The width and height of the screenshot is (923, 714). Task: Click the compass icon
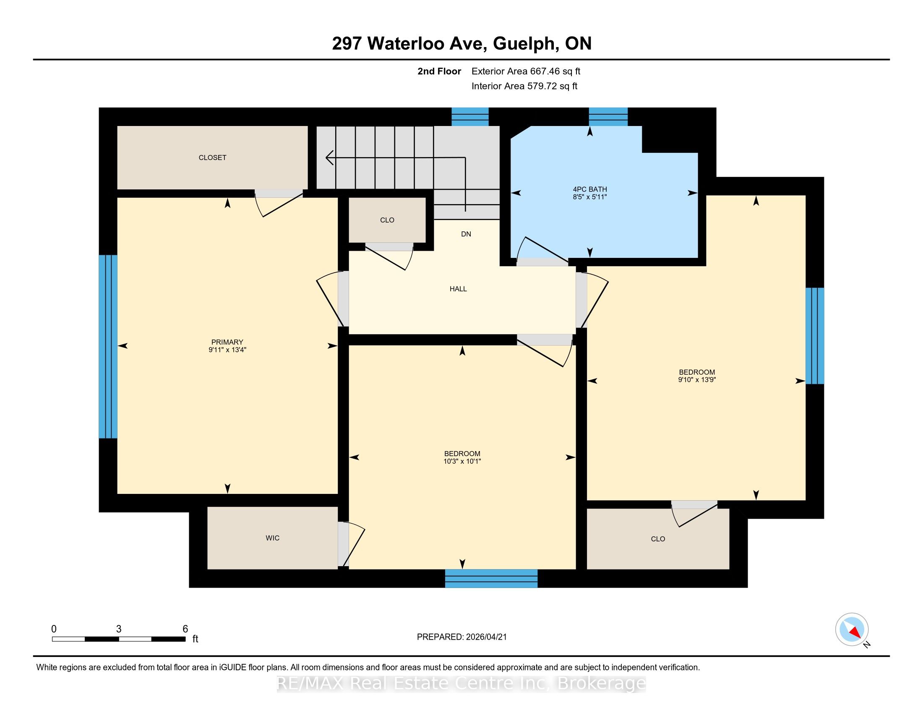pyautogui.click(x=852, y=629)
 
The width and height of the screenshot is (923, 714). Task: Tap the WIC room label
pyautogui.click(x=273, y=538)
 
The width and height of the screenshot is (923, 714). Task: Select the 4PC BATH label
pyautogui.click(x=590, y=189)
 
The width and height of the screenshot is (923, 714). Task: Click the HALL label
pyautogui.click(x=458, y=289)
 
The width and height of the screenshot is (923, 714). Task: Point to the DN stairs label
pyautogui.click(x=466, y=234)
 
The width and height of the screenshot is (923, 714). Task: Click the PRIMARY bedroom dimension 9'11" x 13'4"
pyautogui.click(x=227, y=350)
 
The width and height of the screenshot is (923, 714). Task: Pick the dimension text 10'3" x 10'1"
pyautogui.click(x=462, y=461)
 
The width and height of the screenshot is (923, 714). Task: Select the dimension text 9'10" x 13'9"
pyautogui.click(x=697, y=379)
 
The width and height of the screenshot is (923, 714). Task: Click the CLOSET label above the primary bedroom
pyautogui.click(x=213, y=157)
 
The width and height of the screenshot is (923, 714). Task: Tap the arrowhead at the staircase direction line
pyautogui.click(x=329, y=158)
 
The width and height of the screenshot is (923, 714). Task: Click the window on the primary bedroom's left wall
pyautogui.click(x=108, y=346)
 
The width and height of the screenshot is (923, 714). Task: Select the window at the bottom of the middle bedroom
pyautogui.click(x=491, y=578)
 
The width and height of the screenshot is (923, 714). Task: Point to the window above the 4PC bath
pyautogui.click(x=608, y=117)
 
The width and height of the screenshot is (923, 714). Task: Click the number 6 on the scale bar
pyautogui.click(x=185, y=629)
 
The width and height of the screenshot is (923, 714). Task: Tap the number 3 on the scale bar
pyautogui.click(x=119, y=629)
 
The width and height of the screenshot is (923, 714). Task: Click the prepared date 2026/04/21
pyautogui.click(x=485, y=637)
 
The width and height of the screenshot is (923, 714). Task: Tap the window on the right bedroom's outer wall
pyautogui.click(x=815, y=336)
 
